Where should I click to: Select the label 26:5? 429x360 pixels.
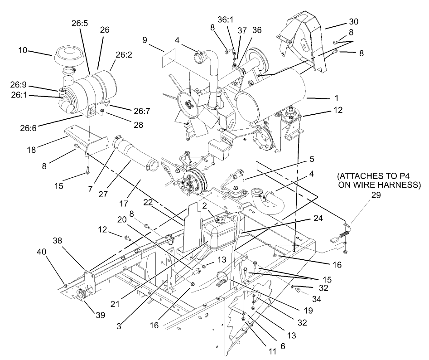(80, 21)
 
